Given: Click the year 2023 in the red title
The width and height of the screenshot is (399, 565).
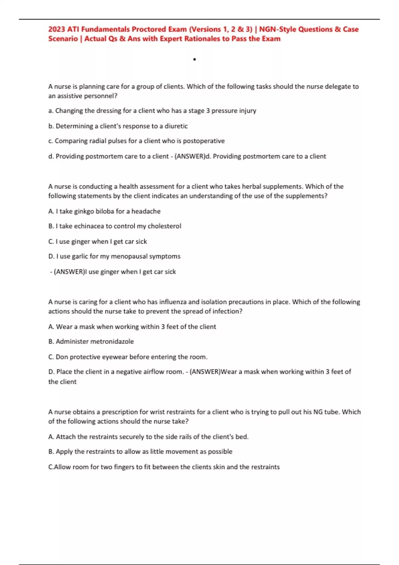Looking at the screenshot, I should click(x=57, y=29).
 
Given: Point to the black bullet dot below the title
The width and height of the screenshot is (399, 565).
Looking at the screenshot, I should click(x=195, y=59).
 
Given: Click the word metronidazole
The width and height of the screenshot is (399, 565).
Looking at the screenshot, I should click(x=112, y=341).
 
